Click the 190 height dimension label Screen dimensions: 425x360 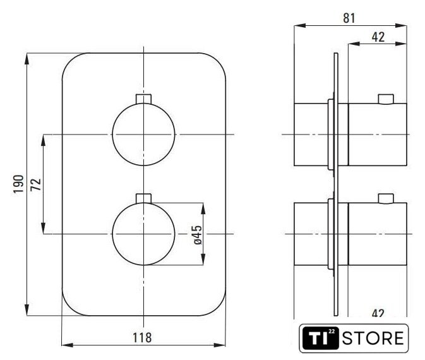click(19, 184)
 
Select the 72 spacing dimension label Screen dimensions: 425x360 click(35, 184)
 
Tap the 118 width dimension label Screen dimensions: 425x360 click(142, 338)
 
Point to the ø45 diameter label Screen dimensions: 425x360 click(198, 235)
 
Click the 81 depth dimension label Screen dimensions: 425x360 click(349, 18)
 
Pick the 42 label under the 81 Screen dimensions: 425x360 click(378, 37)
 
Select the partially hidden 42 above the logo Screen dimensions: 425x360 click(378, 313)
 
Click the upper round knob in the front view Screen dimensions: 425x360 click(143, 135)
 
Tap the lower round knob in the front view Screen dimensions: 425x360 click(143, 234)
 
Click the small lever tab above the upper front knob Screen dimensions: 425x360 click(143, 99)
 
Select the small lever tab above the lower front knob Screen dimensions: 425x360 click(143, 198)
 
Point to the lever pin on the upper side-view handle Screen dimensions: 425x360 click(386, 99)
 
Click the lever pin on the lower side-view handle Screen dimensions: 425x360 click(386, 199)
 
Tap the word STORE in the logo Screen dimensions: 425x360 click(373, 338)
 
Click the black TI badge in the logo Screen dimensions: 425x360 click(321, 338)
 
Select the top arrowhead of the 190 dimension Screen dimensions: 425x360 click(27, 59)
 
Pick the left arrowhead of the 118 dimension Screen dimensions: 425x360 click(68, 345)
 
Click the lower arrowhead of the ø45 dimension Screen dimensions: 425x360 click(203, 260)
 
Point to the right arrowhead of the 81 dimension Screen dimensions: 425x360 click(401, 25)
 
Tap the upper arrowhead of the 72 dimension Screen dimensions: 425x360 click(43, 140)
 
